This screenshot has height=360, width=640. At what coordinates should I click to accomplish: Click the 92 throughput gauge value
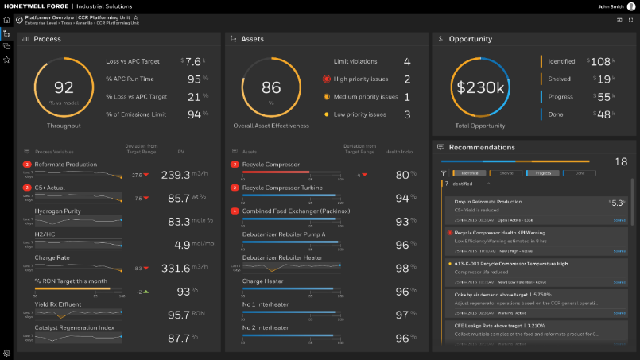tap(63, 89)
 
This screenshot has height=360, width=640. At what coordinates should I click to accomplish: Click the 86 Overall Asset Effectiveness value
tap(272, 88)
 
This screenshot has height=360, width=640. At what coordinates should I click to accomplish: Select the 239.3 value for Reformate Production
tap(176, 174)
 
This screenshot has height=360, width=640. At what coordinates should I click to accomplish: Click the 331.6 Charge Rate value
tap(176, 269)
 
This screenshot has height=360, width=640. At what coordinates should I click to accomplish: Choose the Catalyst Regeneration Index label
tap(74, 327)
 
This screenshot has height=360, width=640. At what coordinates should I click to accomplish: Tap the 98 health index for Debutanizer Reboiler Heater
tap(402, 269)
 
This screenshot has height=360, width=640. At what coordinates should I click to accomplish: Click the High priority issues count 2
tap(407, 79)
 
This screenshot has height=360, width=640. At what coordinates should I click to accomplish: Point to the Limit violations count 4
tap(407, 62)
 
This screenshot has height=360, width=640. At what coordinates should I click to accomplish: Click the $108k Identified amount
tap(601, 61)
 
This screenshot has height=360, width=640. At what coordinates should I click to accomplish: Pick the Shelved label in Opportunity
tap(560, 79)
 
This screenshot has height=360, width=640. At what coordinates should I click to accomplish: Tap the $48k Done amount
tap(601, 114)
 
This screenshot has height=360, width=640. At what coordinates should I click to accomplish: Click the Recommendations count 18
tap(621, 162)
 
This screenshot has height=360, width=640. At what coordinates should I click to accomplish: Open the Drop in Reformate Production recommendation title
tap(488, 202)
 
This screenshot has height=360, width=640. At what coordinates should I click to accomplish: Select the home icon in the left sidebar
tap(6, 19)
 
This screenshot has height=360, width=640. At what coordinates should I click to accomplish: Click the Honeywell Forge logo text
tap(33, 6)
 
